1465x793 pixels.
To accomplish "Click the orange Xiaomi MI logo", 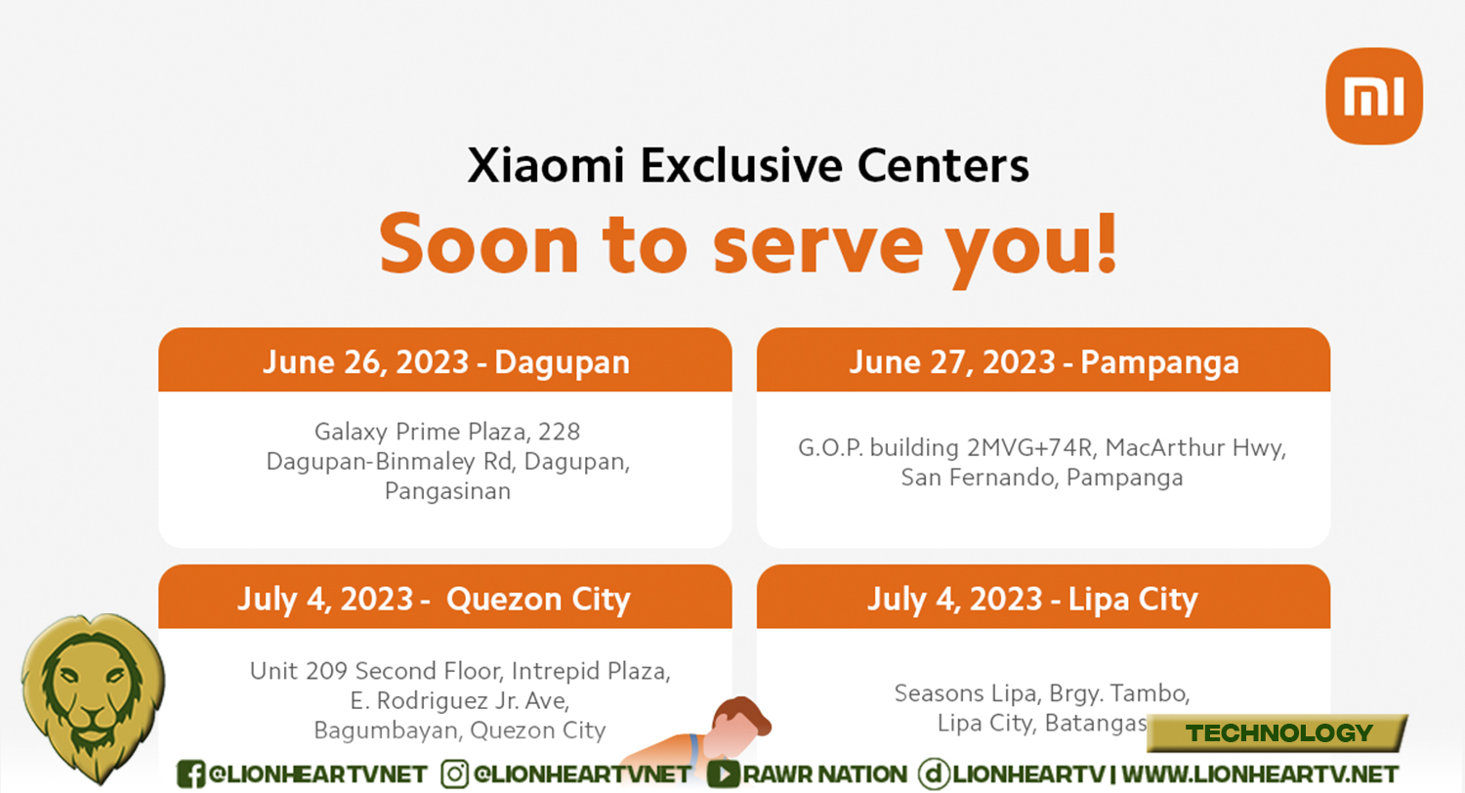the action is tap(1374, 96).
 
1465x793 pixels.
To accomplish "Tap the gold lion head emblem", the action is tap(93, 697).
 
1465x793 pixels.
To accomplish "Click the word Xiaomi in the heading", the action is tap(545, 165).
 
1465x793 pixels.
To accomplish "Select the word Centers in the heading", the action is tap(943, 165).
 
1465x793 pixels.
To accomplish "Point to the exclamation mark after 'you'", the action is tap(1107, 242).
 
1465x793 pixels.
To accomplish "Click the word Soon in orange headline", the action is tap(479, 243).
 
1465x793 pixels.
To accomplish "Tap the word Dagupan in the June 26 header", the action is tap(562, 363).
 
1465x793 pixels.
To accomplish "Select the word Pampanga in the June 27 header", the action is tap(1159, 363).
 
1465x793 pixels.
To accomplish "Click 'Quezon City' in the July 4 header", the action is tap(538, 600).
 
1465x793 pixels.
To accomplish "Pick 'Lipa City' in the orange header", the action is tap(1133, 600).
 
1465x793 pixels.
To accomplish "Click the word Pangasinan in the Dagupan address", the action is tap(447, 491).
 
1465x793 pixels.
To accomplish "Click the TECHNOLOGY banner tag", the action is tap(1277, 732).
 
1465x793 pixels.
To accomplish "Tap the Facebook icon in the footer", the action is tap(190, 774).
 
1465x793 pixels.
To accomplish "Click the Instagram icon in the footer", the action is tap(454, 774).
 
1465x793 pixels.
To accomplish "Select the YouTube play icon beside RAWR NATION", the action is tap(724, 774).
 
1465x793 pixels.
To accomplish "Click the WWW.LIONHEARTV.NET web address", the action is tap(1260, 774).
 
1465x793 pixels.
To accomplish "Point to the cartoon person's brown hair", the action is tap(744, 713).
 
